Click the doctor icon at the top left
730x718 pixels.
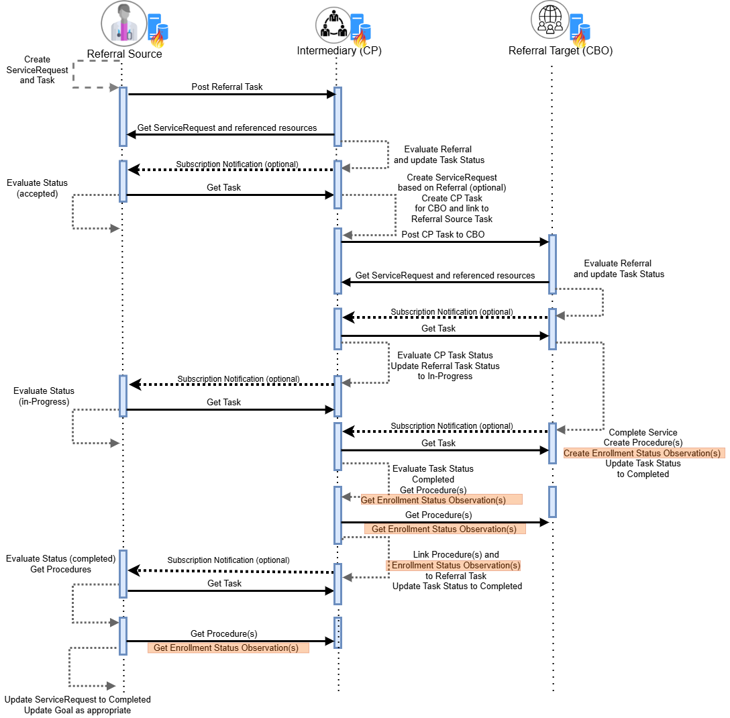123,23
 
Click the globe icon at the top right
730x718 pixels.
550,19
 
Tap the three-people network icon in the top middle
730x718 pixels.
333,25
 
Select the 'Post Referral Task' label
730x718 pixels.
227,87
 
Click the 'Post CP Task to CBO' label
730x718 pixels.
443,235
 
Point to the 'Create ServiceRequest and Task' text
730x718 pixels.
37,69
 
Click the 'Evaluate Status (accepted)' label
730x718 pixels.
37,188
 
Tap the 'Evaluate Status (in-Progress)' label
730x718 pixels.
44,396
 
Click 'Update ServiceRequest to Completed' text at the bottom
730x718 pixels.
77,699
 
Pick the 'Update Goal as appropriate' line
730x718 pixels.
77,710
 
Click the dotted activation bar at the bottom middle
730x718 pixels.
337,633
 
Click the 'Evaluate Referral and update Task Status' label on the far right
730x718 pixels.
619,268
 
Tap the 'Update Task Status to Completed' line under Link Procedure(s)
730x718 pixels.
457,586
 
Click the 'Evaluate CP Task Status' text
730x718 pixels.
445,355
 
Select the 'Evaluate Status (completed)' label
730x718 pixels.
60,558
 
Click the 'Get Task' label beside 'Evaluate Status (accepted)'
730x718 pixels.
223,188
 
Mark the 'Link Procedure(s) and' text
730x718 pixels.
456,555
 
